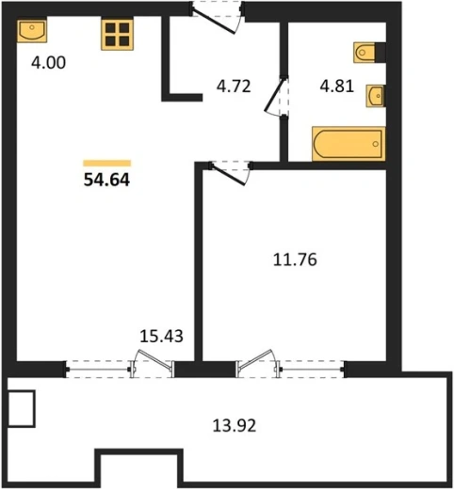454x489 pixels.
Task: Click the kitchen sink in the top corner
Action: [x=32, y=31]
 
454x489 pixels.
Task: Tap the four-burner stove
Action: [x=117, y=34]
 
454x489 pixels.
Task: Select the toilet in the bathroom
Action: [x=365, y=52]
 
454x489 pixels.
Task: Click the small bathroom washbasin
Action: [x=375, y=96]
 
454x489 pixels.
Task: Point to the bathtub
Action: [x=349, y=144]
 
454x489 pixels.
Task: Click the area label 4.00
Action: [x=48, y=62]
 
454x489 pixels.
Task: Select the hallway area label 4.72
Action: [x=234, y=87]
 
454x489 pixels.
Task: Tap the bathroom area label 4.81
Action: [x=337, y=86]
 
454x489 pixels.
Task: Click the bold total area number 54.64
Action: [x=106, y=180]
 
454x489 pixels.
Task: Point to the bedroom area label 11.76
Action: [x=295, y=260]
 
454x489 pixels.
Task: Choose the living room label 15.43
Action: [x=161, y=336]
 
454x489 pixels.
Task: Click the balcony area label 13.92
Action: [x=235, y=426]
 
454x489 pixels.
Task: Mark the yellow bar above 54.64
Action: [x=107, y=163]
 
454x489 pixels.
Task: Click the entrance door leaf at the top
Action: [x=214, y=22]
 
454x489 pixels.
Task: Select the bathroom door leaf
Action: [x=276, y=94]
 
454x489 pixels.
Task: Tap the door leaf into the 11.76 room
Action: [x=228, y=174]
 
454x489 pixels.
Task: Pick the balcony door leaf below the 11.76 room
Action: [x=254, y=359]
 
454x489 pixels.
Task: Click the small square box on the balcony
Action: [x=21, y=408]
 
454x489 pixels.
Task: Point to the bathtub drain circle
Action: [x=376, y=144]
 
